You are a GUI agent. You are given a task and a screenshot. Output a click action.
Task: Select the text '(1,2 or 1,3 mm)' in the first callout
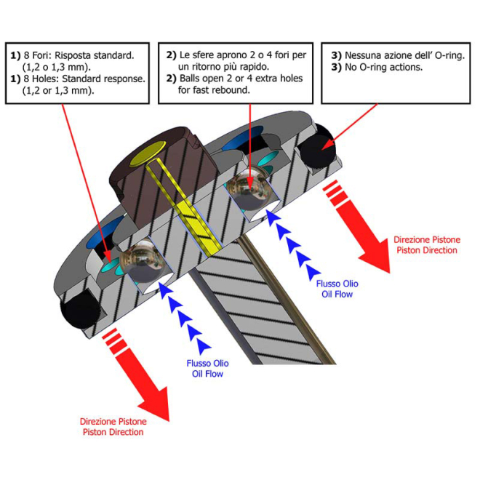tap(51, 91)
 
